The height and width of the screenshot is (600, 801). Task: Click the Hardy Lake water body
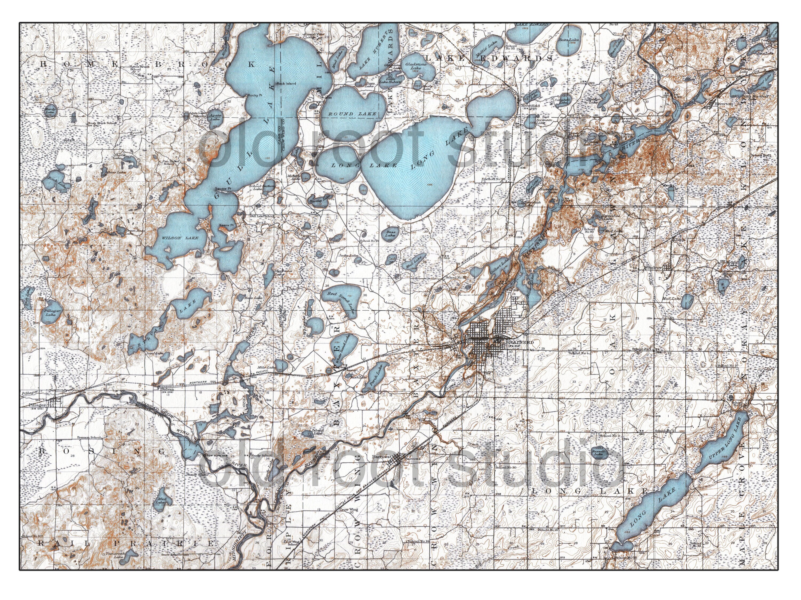coord(50,110)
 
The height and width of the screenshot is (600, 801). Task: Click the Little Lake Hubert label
coord(390,81)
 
